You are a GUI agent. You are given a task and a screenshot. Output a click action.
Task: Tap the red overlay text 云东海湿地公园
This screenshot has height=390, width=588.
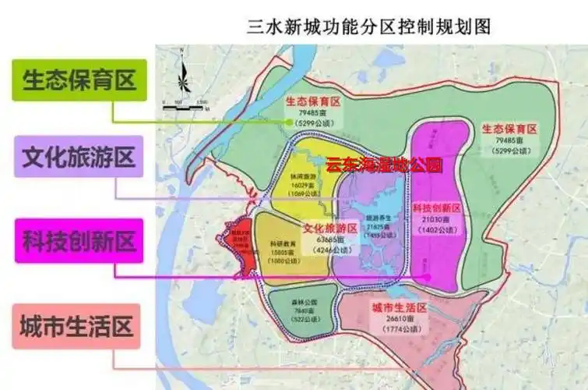[x=383, y=165]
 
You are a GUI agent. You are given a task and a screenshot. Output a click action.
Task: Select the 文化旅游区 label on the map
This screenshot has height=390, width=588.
[x=329, y=229]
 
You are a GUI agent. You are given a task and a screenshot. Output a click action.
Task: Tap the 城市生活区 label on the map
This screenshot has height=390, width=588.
[x=400, y=308]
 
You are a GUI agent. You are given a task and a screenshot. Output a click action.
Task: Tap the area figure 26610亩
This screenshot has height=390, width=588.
[x=400, y=320]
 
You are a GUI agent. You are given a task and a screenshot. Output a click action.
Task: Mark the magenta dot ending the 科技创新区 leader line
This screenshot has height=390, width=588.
[x=427, y=276]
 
